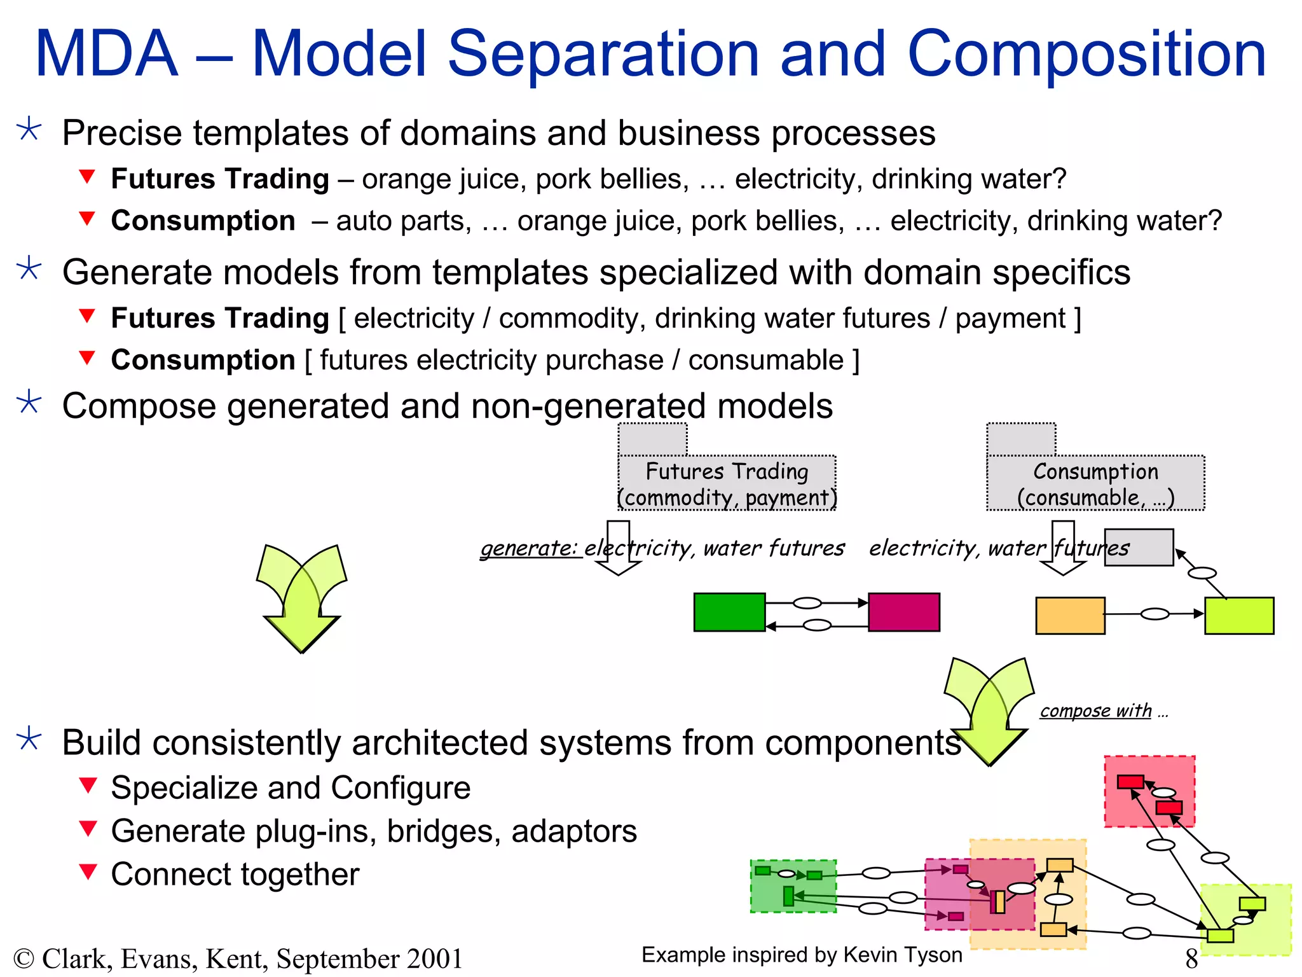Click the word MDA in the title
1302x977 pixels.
(x=107, y=55)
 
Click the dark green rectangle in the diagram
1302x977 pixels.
(x=729, y=612)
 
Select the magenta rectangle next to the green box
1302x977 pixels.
(x=903, y=612)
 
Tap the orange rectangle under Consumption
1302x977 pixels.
(x=1070, y=615)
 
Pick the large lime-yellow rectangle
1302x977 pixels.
(x=1239, y=615)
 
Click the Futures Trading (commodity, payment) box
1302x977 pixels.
(x=727, y=483)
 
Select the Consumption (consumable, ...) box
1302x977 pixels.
(x=1095, y=483)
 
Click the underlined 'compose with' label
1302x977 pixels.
(x=1095, y=710)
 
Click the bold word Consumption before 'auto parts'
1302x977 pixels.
(x=203, y=221)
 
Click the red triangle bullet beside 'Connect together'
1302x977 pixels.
(x=88, y=871)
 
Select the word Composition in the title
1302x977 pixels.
(x=1086, y=55)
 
